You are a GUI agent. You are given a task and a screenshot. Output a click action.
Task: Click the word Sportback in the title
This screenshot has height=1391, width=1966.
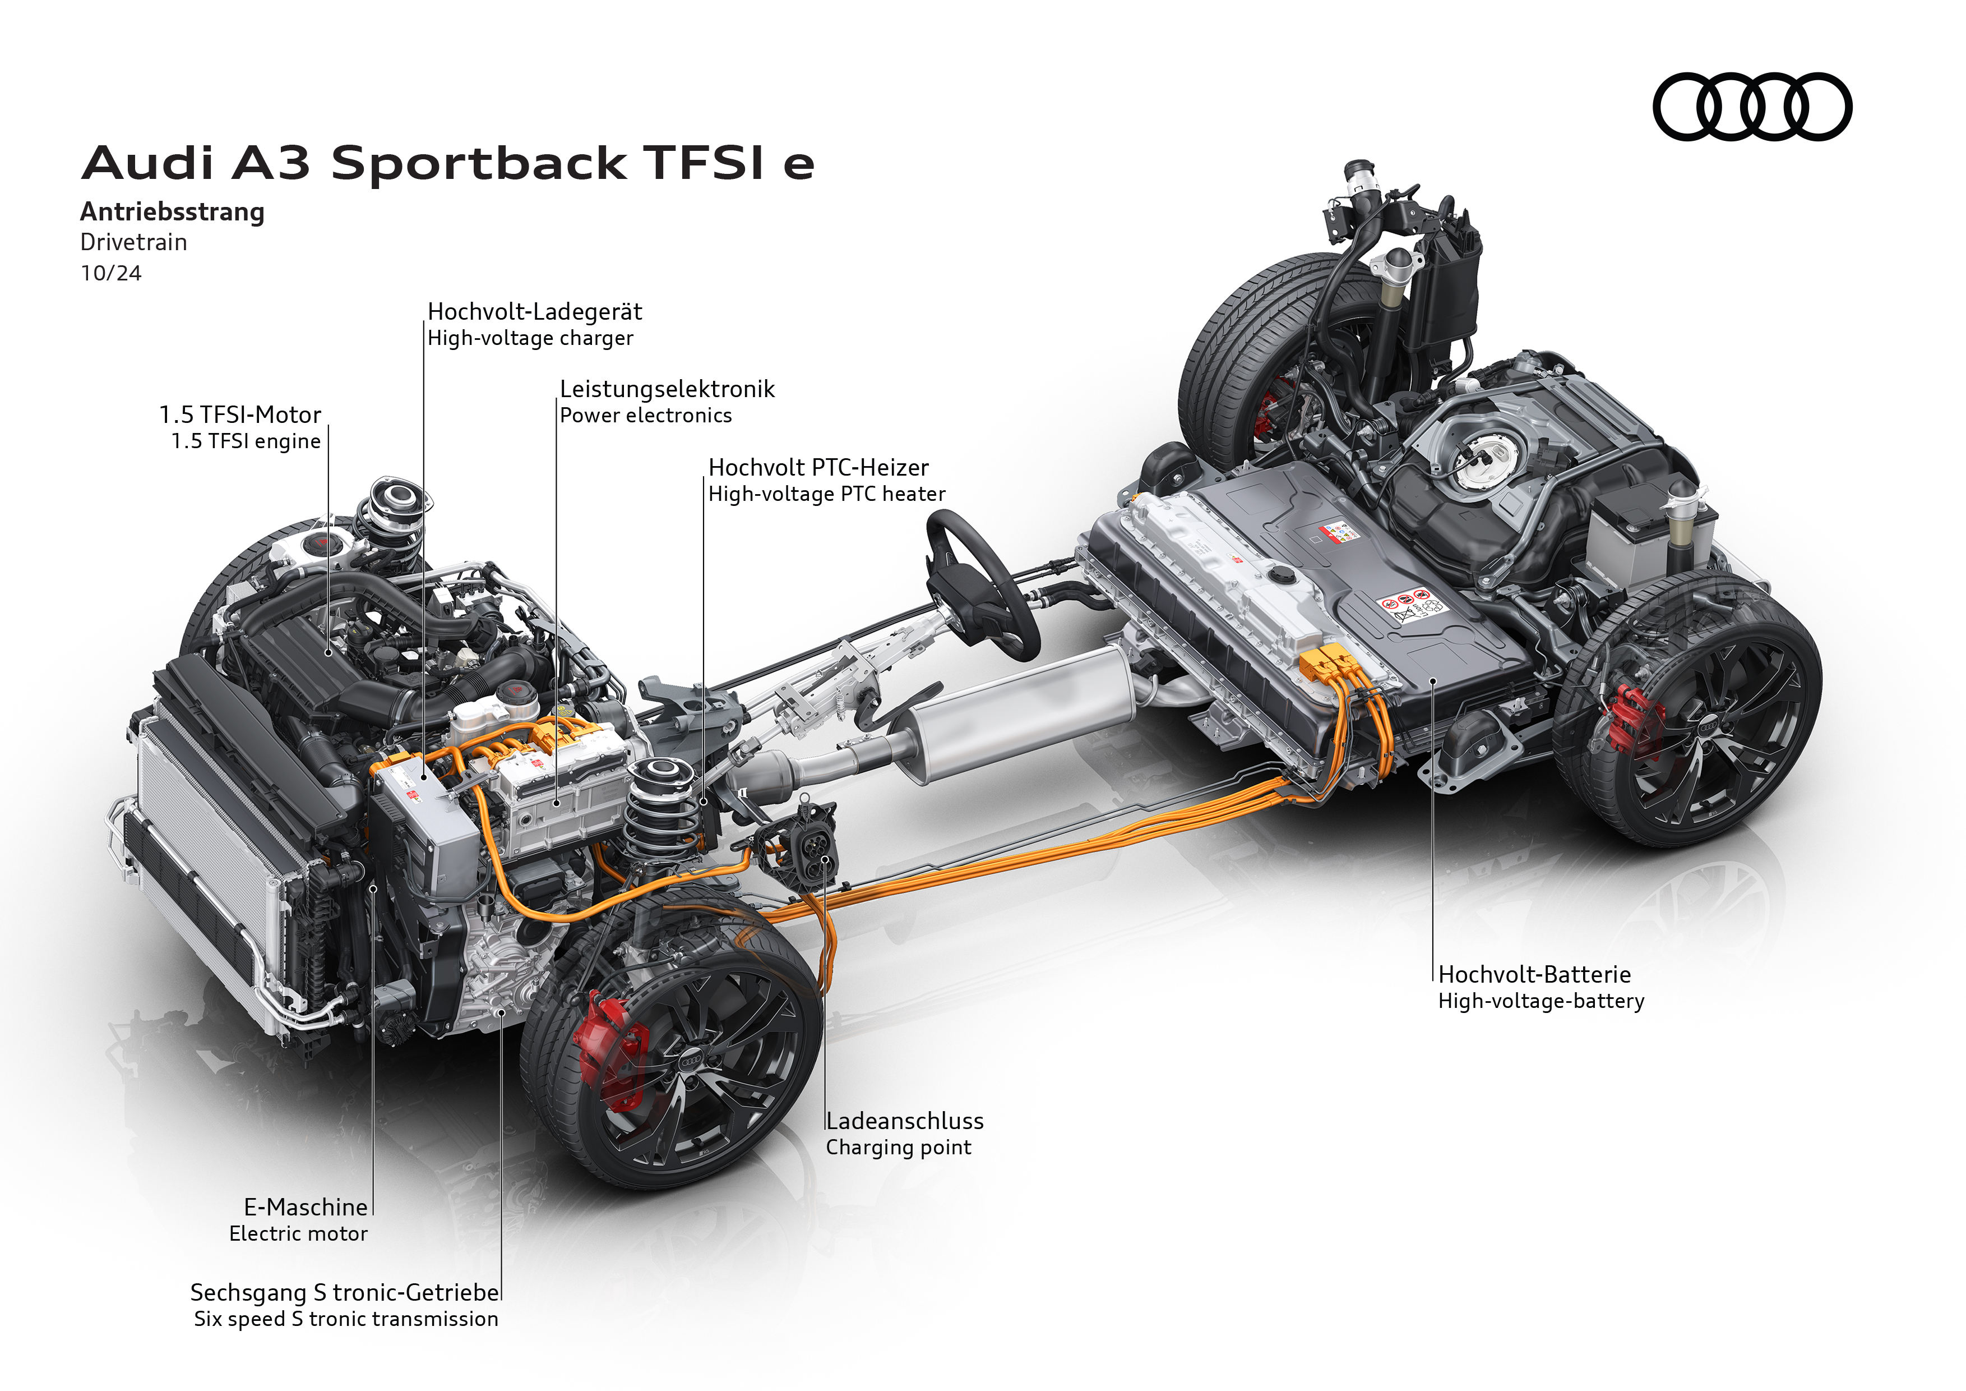pyautogui.click(x=479, y=164)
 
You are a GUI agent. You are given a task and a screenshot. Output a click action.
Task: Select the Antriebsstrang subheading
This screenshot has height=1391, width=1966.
pyautogui.click(x=172, y=211)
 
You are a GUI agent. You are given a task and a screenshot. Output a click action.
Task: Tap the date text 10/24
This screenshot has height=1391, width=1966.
pyautogui.click(x=110, y=273)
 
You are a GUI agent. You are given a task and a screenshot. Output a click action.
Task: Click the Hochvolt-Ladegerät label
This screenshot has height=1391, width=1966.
pyautogui.click(x=534, y=312)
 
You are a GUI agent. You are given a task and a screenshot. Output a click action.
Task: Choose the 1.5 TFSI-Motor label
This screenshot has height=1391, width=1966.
pyautogui.click(x=240, y=416)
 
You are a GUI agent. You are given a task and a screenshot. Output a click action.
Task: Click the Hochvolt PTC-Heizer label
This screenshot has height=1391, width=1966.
pyautogui.click(x=818, y=468)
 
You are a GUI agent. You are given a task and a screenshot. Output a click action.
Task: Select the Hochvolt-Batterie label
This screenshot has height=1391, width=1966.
pyautogui.click(x=1534, y=975)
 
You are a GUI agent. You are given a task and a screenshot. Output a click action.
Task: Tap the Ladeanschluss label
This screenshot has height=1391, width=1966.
pyautogui.click(x=904, y=1121)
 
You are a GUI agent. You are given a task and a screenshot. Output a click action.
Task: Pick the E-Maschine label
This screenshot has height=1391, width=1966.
pyautogui.click(x=306, y=1208)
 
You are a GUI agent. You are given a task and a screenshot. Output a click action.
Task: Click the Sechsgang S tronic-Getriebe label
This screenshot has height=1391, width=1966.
pyautogui.click(x=344, y=1292)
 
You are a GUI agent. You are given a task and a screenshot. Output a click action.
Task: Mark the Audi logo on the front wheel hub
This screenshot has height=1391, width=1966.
pyautogui.click(x=690, y=1061)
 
